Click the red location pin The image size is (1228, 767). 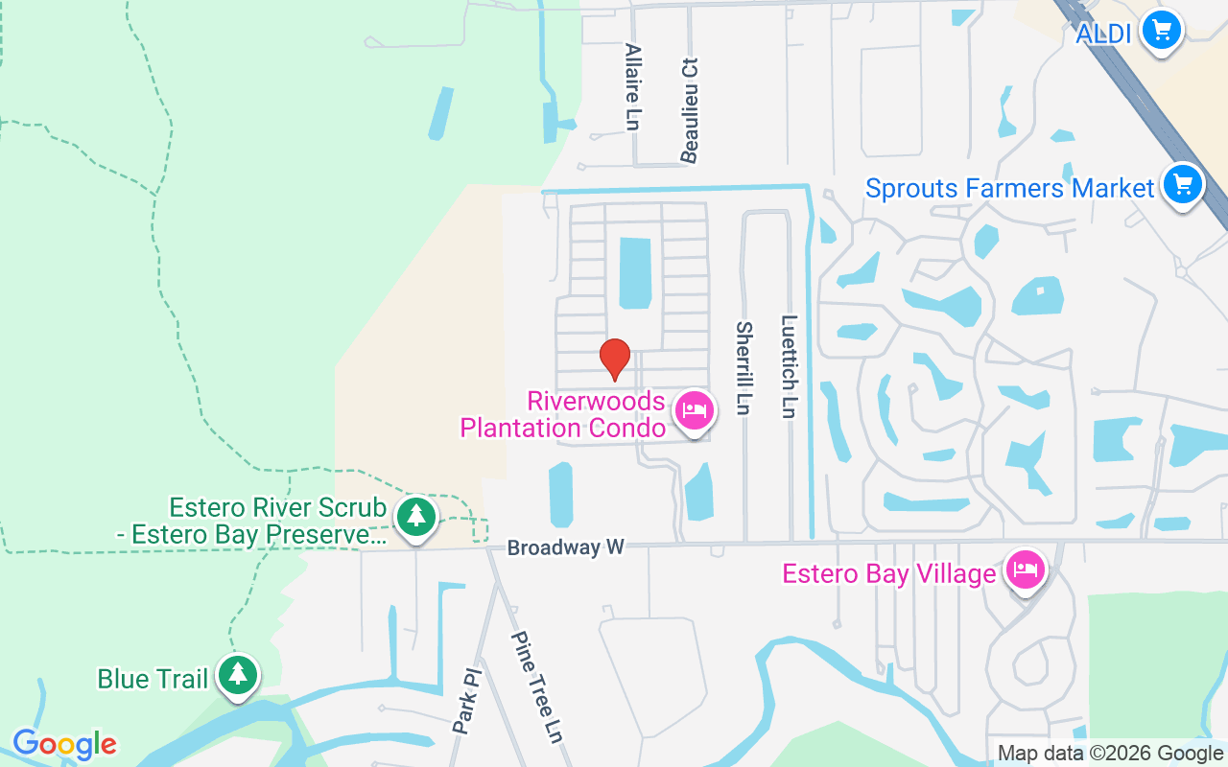point(614,359)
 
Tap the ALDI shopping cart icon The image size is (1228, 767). point(1162,31)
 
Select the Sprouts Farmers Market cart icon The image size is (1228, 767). point(1182,183)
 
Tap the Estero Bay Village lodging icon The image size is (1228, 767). point(1026,570)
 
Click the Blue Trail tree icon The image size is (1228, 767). point(237,675)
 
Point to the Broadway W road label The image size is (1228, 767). point(566,547)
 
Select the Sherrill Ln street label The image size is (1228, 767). point(743,368)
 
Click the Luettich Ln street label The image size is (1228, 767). point(789,366)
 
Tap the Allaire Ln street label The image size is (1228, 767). point(632,86)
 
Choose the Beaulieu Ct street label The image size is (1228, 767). point(689,109)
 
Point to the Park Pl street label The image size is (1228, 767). point(465,702)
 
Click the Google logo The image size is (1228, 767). point(64,744)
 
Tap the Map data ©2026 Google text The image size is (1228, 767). point(1111,754)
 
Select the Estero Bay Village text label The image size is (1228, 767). point(888,573)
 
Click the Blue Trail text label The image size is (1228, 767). point(153,679)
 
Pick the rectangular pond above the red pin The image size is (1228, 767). point(634,273)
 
